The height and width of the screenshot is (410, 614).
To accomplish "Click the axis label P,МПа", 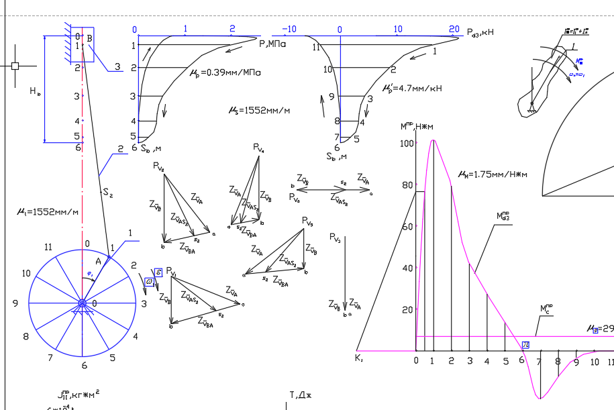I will pos(272,44).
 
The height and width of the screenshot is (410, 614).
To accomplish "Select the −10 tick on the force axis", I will pos(289,30).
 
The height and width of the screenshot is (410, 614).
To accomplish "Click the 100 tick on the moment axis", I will pos(405,144).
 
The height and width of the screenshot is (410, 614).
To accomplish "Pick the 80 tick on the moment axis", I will pos(407,186).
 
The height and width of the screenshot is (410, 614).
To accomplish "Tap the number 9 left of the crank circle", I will pos(15,303).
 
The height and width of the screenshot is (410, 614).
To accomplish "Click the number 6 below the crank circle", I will pos(85,366).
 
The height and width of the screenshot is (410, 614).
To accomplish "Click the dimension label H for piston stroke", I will pos(34,93).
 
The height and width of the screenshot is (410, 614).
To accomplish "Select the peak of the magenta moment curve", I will pos(433,140).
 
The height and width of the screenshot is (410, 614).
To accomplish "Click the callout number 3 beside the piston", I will pos(117,66).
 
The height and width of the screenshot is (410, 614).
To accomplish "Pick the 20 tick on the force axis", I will pos(454,30).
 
